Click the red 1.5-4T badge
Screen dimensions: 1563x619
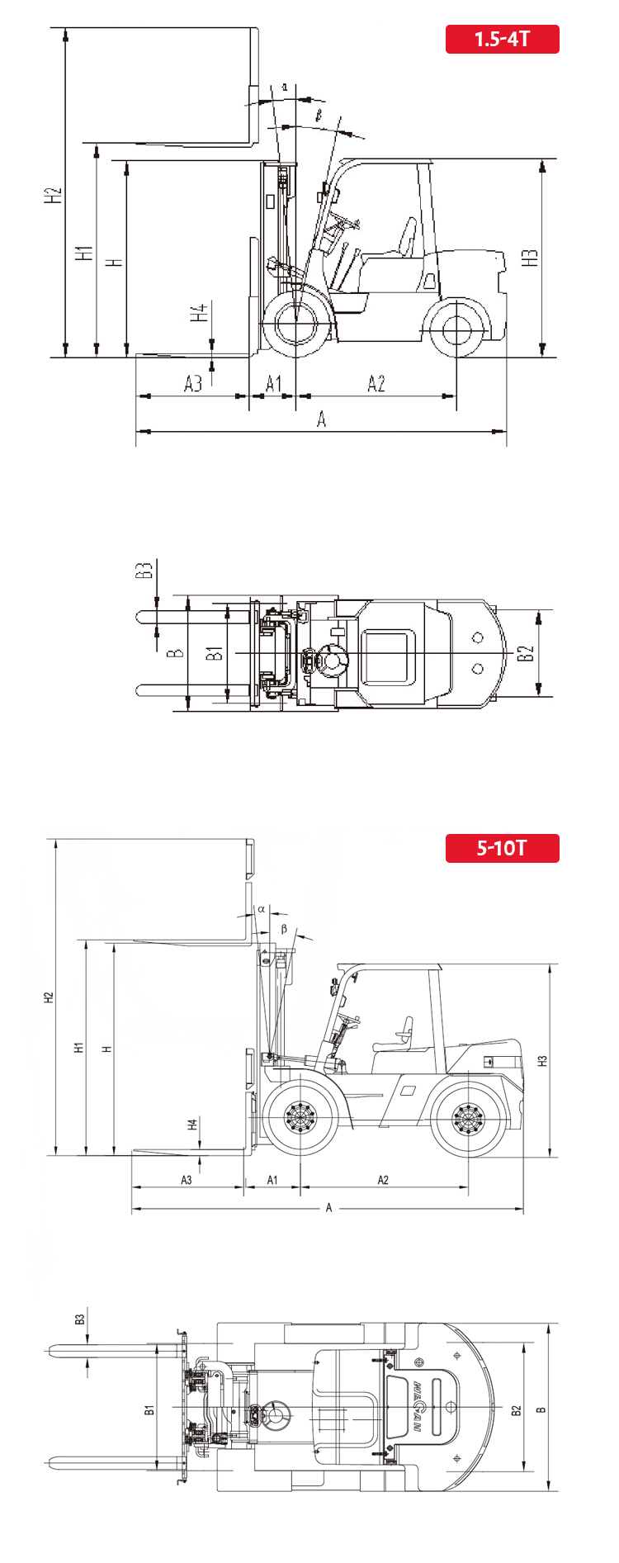click(x=502, y=39)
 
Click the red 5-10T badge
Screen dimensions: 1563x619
click(x=502, y=848)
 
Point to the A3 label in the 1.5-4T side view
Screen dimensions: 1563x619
click(x=192, y=383)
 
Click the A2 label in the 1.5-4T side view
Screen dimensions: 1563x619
click(x=376, y=383)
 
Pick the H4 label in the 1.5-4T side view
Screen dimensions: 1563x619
click(x=198, y=314)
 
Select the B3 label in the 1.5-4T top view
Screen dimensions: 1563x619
click(x=144, y=571)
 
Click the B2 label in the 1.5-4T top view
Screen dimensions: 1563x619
click(x=526, y=654)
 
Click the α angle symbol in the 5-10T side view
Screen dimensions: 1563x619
click(x=262, y=908)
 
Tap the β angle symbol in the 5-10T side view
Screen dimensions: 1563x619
click(x=285, y=929)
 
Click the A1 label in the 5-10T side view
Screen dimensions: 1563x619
click(x=272, y=1180)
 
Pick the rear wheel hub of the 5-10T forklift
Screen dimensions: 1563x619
click(x=467, y=1120)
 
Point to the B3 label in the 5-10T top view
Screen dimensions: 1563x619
click(x=80, y=1319)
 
